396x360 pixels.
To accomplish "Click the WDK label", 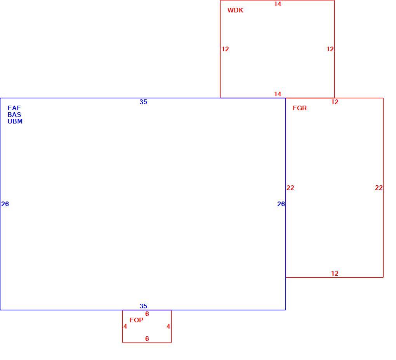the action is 235,10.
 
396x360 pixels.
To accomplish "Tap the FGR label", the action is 300,108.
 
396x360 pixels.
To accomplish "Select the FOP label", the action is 136,320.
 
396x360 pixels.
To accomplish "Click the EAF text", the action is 14,108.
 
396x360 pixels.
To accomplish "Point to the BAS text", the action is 14,115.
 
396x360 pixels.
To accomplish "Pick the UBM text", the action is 15,121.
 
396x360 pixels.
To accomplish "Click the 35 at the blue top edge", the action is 143,102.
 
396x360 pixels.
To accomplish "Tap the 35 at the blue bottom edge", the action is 143,306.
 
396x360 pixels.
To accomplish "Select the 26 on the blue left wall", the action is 5,204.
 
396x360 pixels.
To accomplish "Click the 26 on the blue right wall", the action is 281,204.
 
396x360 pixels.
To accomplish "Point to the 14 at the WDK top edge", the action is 278,4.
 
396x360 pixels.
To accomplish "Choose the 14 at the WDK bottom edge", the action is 278,94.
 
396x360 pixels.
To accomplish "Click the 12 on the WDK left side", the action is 225,49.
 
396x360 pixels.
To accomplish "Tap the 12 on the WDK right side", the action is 330,49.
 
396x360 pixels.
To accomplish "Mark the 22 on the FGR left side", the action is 290,188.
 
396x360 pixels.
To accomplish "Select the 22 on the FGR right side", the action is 379,188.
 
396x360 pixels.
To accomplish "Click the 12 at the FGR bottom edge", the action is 335,273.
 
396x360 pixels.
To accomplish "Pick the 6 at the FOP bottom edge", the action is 147,339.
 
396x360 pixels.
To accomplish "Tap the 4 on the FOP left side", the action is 125,326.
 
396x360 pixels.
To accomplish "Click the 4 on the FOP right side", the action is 168,326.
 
